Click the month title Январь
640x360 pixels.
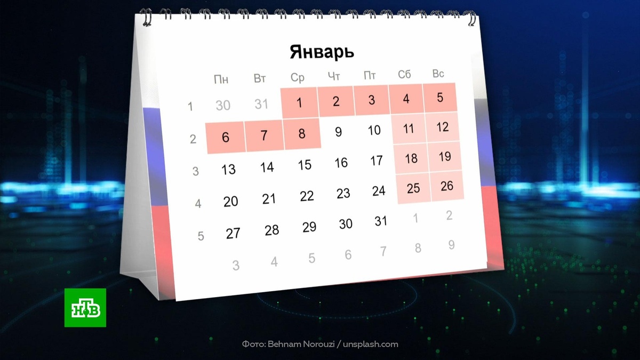click(x=322, y=52)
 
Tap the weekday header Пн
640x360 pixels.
click(x=221, y=80)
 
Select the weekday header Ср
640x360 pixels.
click(x=298, y=78)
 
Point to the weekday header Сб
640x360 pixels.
click(x=404, y=75)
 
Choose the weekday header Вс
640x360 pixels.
click(x=438, y=74)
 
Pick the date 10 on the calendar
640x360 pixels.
click(x=374, y=130)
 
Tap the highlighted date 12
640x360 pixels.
click(x=442, y=127)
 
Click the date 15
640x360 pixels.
click(x=305, y=165)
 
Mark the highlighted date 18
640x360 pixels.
click(x=411, y=159)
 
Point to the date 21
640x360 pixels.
click(x=269, y=199)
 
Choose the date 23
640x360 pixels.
click(x=343, y=193)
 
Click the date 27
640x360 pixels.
click(x=233, y=234)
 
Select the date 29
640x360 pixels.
click(x=309, y=227)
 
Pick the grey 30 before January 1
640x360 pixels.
click(x=223, y=106)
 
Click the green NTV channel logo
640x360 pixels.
click(x=85, y=307)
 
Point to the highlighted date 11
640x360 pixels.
click(x=409, y=129)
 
